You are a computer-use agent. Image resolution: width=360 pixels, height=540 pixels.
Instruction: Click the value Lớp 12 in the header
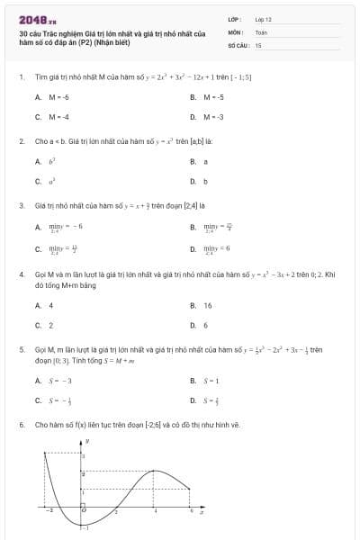click(x=263, y=19)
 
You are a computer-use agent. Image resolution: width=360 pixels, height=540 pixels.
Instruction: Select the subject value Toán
click(x=261, y=31)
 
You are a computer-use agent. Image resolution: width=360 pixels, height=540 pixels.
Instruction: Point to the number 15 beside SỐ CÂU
click(x=258, y=44)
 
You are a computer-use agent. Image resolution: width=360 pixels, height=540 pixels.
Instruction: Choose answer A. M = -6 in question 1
click(x=53, y=96)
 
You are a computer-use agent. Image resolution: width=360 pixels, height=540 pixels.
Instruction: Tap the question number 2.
click(x=21, y=141)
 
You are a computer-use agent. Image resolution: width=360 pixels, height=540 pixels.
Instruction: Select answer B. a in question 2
click(x=199, y=161)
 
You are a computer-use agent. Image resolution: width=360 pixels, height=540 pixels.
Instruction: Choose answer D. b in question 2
click(x=199, y=181)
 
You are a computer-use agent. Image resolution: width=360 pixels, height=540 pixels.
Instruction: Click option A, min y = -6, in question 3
click(x=59, y=227)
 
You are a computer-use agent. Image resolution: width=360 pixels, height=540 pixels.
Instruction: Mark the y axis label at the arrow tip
click(x=87, y=442)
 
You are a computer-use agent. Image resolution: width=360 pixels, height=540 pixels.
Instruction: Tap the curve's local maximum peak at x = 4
click(x=155, y=470)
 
